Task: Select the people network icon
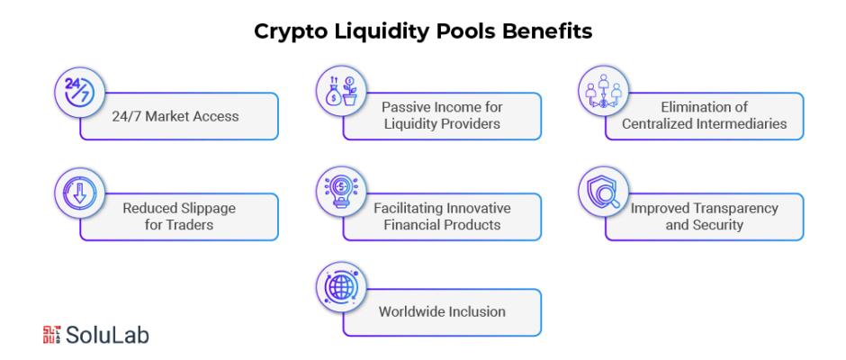[x=603, y=90]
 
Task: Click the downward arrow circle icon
[x=79, y=192]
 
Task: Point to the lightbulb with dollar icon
[x=341, y=192]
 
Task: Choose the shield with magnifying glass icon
[x=603, y=191]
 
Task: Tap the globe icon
[x=341, y=286]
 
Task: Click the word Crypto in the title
[x=289, y=32]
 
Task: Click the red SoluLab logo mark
[x=51, y=335]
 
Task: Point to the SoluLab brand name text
[x=107, y=335]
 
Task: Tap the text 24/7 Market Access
[x=175, y=116]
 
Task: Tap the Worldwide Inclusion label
[x=442, y=311]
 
